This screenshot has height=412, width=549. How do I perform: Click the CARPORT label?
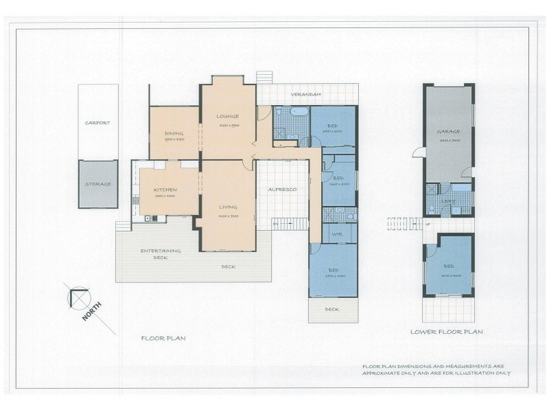(97, 123)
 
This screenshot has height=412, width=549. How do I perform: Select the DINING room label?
(174, 133)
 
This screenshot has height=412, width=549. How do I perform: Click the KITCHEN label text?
(165, 190)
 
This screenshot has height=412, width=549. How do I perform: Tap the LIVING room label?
(228, 207)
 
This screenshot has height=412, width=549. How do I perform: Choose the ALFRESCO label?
(281, 189)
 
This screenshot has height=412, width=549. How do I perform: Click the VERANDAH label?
(306, 94)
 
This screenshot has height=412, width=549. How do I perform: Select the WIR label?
(336, 235)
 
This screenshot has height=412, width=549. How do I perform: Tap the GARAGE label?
(448, 131)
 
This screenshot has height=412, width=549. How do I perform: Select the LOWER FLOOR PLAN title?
(446, 332)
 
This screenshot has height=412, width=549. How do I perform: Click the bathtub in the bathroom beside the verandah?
(300, 111)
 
